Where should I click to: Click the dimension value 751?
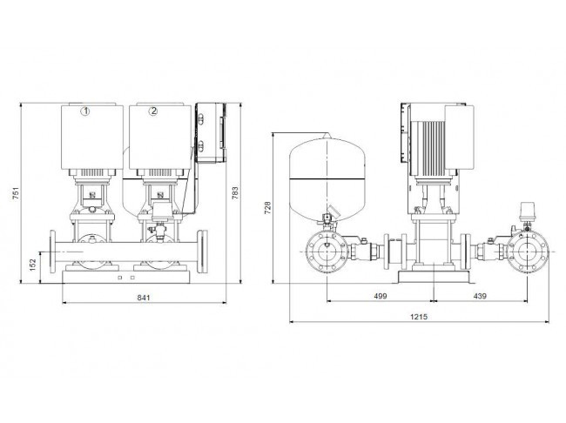tap(16, 193)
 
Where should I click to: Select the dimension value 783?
tap(234, 193)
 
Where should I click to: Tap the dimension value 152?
tap(33, 265)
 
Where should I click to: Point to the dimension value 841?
tap(144, 298)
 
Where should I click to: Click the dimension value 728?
tap(267, 208)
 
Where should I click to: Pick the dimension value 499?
tap(381, 296)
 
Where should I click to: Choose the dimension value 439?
tap(480, 296)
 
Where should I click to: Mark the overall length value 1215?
tap(419, 317)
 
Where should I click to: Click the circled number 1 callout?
tap(85, 111)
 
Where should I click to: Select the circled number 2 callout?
tap(153, 111)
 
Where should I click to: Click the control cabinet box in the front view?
tap(212, 132)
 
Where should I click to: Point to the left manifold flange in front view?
tap(53, 252)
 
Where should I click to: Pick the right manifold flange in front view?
tap(203, 252)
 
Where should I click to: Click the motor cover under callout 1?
tap(91, 137)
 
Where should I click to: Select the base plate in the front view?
tap(126, 277)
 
